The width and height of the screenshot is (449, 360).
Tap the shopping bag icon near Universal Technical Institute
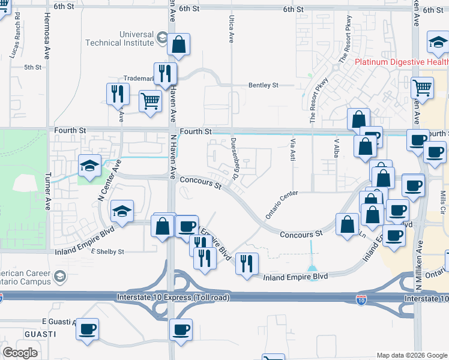coord(178,44)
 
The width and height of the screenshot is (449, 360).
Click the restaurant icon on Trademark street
coord(163,74)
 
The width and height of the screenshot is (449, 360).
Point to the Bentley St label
coord(263,86)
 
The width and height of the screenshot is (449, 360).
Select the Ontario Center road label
coord(282,208)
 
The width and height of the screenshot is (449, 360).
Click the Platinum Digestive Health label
coord(401,62)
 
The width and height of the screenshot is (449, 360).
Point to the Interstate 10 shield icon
coord(361,298)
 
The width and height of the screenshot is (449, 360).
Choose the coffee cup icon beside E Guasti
coord(87,329)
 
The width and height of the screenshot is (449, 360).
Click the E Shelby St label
coord(107,252)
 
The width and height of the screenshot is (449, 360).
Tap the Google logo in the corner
coord(20,353)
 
